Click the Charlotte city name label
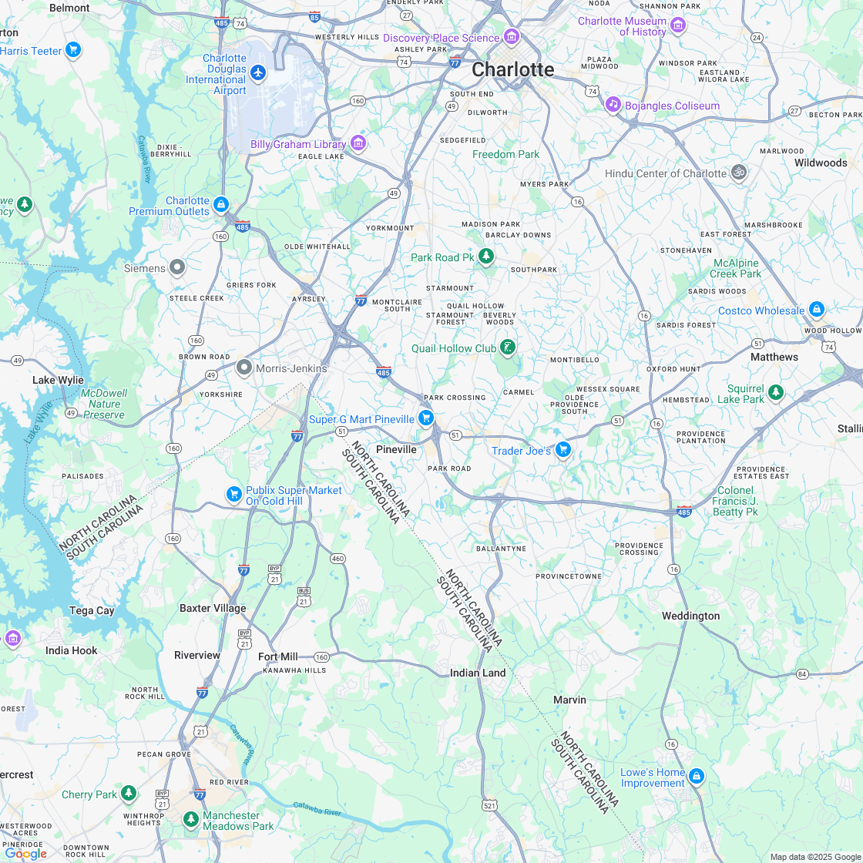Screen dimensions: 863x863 (x=512, y=69)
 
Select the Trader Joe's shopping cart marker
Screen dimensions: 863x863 (x=563, y=449)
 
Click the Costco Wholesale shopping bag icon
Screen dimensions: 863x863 (x=817, y=311)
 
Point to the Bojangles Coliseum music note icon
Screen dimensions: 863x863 (x=613, y=104)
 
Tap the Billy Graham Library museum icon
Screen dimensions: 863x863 (x=358, y=143)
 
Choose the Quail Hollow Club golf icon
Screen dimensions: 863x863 (x=507, y=348)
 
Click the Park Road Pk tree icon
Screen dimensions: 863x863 (x=485, y=256)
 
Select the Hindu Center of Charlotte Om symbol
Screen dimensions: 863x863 (x=738, y=172)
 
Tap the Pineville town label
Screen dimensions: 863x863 (x=396, y=449)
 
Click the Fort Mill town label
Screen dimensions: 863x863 (x=278, y=656)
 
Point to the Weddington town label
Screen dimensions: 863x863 (x=690, y=616)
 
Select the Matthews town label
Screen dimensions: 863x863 (x=774, y=357)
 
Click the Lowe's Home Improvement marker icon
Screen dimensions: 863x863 (x=697, y=776)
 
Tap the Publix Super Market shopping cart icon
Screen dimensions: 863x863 (x=234, y=494)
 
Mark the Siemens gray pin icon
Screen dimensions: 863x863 (x=177, y=267)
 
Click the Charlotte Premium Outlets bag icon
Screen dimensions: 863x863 (x=221, y=204)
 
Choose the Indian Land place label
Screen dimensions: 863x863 (x=478, y=673)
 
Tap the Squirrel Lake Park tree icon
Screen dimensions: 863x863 (x=775, y=392)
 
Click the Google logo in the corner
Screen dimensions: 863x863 (x=26, y=853)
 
